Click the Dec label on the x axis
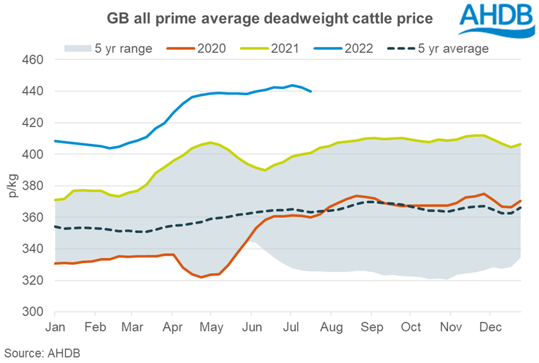tap(491, 326)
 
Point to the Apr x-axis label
tap(173, 326)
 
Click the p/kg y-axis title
tap(14, 186)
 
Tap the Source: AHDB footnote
tap(42, 353)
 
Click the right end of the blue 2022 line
tap(311, 91)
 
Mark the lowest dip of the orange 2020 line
tap(201, 277)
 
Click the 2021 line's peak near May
tap(210, 143)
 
